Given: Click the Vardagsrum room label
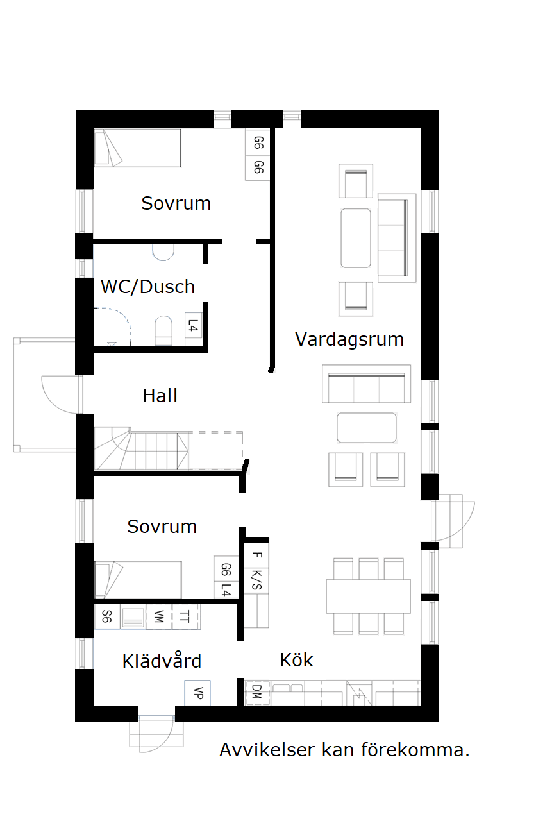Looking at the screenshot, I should pyautogui.click(x=349, y=339).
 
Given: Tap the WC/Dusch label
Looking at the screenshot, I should pyautogui.click(x=147, y=287).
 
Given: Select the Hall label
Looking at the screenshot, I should pyautogui.click(x=160, y=396).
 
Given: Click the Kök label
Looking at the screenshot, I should pyautogui.click(x=296, y=659).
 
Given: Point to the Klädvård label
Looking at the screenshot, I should pyautogui.click(x=162, y=661).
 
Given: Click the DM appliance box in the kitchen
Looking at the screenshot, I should pyautogui.click(x=256, y=692).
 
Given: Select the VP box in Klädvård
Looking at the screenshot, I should pyautogui.click(x=197, y=693).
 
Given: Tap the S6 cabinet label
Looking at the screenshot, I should pyautogui.click(x=107, y=617).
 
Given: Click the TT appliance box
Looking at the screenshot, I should pyautogui.click(x=185, y=617).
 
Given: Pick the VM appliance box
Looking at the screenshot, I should pyautogui.click(x=158, y=617).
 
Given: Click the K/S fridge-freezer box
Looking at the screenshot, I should pyautogui.click(x=256, y=580).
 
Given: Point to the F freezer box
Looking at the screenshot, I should pyautogui.click(x=256, y=555).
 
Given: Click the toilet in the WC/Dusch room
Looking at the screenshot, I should pyautogui.click(x=163, y=330).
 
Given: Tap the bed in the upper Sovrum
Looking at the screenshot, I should pyautogui.click(x=137, y=148).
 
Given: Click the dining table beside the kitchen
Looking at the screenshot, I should pyautogui.click(x=368, y=597).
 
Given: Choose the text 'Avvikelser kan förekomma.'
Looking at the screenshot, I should pyautogui.click(x=344, y=750).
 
